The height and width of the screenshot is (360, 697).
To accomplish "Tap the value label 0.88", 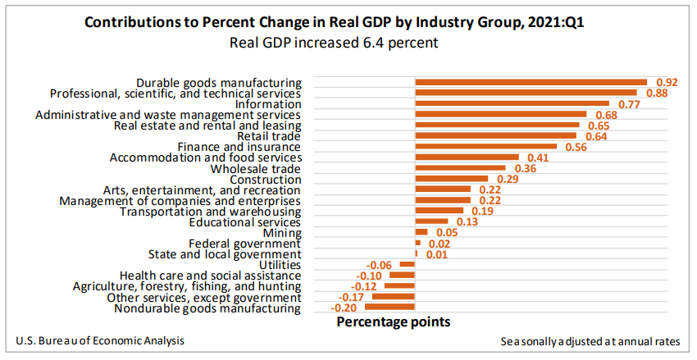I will [x=657, y=93].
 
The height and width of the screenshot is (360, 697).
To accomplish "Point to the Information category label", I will [x=268, y=104].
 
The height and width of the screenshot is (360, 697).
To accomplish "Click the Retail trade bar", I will [x=496, y=136].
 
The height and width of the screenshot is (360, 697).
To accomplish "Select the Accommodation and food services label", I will [x=206, y=157].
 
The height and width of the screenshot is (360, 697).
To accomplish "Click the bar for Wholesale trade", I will [x=460, y=168].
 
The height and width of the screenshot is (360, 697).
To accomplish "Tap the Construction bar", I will [x=452, y=179].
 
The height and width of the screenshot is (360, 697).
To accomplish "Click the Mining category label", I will [x=283, y=233].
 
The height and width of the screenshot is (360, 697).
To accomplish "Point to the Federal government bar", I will [x=418, y=244].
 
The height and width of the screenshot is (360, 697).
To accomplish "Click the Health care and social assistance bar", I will [x=403, y=276].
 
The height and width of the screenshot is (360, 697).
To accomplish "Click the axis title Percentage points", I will [x=394, y=322].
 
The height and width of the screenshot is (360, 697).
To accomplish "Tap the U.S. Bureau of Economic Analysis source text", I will [x=99, y=340].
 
